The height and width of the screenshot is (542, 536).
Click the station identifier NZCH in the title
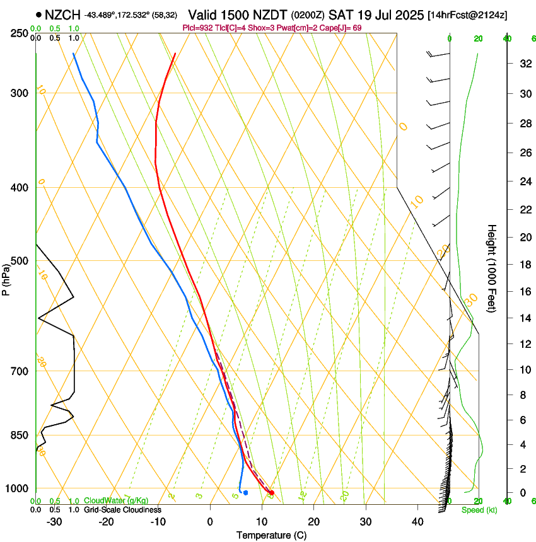[x=62, y=14]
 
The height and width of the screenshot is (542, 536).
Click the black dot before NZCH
[x=39, y=14]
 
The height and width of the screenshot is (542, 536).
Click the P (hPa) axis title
[x=6, y=278]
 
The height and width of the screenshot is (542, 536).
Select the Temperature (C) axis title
[x=271, y=535]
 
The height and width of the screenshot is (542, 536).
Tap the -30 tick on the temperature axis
[x=54, y=521]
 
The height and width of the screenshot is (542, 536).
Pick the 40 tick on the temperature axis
[x=417, y=521]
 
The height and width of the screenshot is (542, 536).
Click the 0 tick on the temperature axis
[x=210, y=521]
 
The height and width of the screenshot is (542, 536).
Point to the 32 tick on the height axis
[x=524, y=64]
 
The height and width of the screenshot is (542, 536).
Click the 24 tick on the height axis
[x=524, y=182]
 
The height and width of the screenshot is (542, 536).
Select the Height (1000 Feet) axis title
[x=492, y=268]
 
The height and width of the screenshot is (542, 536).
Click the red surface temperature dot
[x=271, y=493]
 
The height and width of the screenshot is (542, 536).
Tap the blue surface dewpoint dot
[x=245, y=493]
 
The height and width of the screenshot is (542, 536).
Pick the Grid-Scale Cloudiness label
[x=122, y=510]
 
